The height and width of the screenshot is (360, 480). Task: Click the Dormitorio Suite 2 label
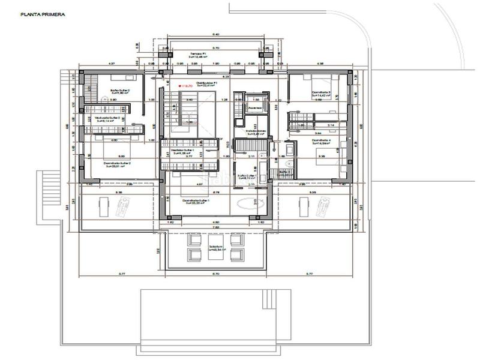118,164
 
